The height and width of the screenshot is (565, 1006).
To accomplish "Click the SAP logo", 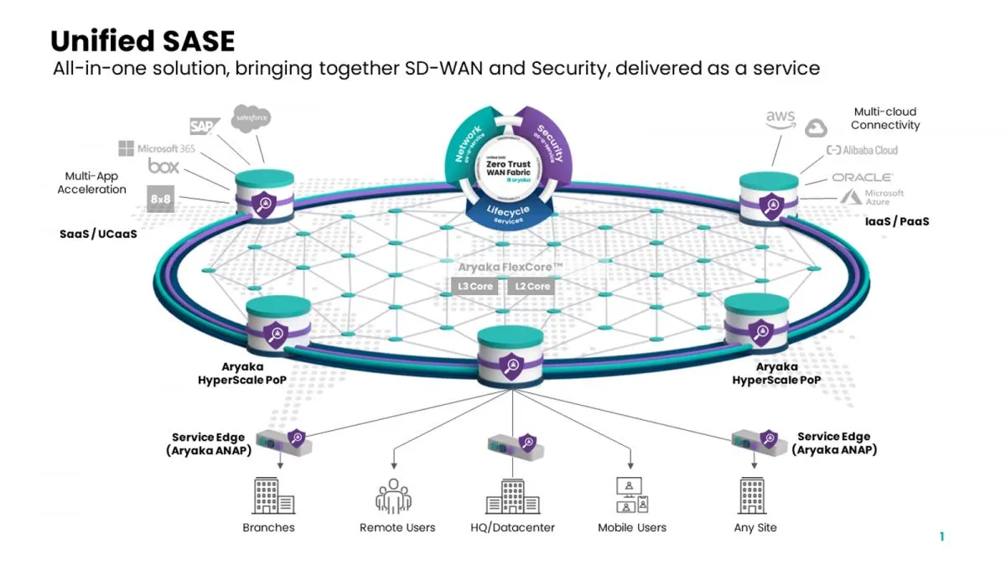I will (203, 127).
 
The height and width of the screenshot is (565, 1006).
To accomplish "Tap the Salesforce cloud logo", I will (251, 119).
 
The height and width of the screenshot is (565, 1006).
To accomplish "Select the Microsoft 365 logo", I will (157, 148).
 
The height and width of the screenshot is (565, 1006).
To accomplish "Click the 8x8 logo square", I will (161, 198).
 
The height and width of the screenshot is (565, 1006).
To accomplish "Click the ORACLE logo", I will (862, 178).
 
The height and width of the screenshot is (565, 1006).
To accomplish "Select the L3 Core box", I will (475, 287).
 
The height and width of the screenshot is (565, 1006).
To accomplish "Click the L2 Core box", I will (533, 287).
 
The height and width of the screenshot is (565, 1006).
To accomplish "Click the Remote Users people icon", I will (394, 496).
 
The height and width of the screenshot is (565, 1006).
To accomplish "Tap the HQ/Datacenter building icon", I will (511, 496).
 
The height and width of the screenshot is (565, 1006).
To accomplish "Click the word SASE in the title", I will (190, 41).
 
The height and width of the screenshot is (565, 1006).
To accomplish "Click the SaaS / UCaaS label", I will (97, 234).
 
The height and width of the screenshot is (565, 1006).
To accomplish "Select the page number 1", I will (941, 536).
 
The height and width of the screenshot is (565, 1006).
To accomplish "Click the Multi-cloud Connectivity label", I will (885, 118).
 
